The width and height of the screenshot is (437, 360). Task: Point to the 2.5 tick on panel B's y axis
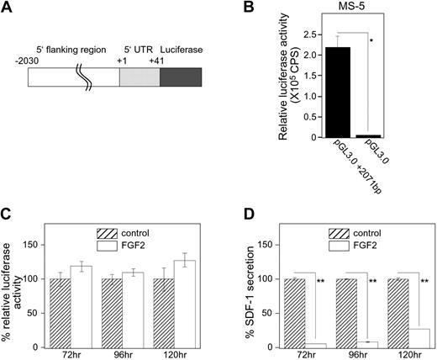click(277, 36)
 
